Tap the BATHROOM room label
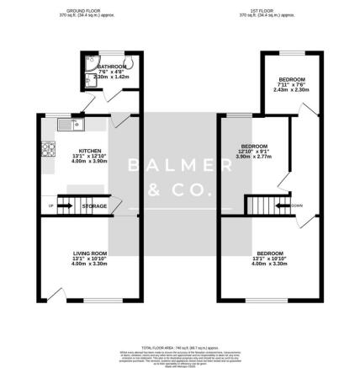coord(110,67)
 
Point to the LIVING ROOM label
coord(88,253)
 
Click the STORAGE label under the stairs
coord(94,205)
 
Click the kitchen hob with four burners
coord(46,152)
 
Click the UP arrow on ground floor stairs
coord(50,205)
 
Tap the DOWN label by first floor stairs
coord(296,205)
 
